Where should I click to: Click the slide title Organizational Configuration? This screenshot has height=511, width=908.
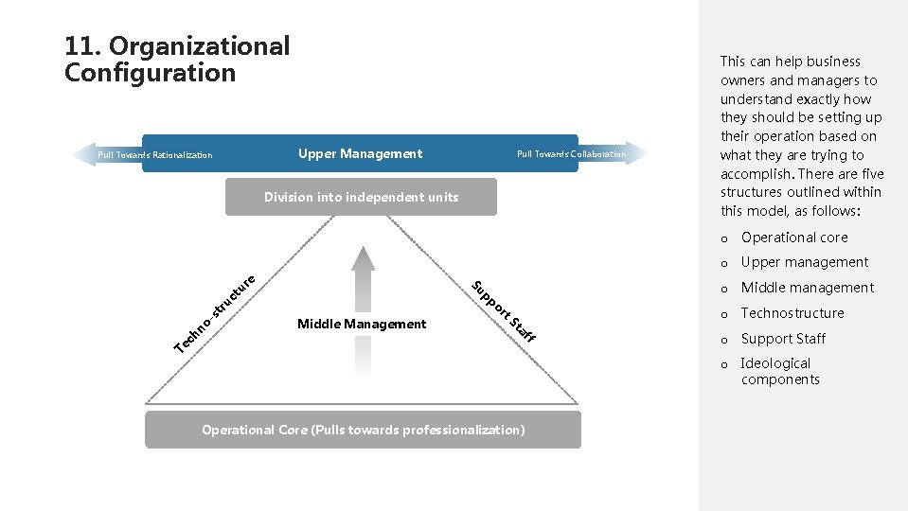[177, 59]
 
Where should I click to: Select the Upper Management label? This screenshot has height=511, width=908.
[360, 154]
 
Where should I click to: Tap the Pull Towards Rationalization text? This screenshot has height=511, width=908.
[155, 155]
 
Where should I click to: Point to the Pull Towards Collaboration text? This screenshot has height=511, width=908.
[571, 154]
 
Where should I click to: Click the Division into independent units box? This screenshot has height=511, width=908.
[361, 197]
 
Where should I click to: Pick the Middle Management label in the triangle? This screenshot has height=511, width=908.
[362, 324]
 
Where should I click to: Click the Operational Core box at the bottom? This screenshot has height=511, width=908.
[363, 430]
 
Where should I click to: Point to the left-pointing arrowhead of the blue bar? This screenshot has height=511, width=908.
[83, 154]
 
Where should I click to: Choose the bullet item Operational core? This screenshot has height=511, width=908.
[794, 238]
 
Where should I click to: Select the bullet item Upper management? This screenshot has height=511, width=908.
[805, 262]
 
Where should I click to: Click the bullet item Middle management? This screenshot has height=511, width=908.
[808, 288]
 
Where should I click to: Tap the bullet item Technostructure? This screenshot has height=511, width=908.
[792, 313]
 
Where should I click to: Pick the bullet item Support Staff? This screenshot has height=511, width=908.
[783, 339]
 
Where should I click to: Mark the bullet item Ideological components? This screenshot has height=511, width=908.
[779, 371]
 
